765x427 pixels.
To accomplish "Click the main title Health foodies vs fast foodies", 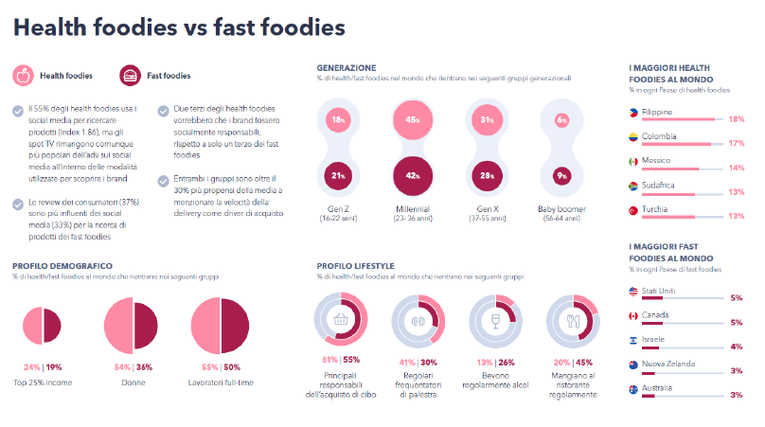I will [x=179, y=27].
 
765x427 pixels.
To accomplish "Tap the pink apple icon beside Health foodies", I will [x=23, y=76].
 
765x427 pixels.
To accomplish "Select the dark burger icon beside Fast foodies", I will [x=131, y=76].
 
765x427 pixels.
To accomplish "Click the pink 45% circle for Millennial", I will [x=413, y=120].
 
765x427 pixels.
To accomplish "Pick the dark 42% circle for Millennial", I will [x=413, y=175].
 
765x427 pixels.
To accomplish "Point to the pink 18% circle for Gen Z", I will [x=338, y=120].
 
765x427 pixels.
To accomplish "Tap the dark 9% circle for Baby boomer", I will [x=561, y=175].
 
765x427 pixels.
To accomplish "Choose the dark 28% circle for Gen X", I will [x=487, y=175].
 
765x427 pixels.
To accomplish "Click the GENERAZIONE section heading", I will [x=347, y=68].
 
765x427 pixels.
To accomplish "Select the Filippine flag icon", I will [x=633, y=112].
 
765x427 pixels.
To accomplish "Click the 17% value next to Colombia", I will [x=737, y=144].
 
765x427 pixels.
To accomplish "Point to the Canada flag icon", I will [x=633, y=314].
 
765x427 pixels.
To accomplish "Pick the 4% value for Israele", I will [x=737, y=346].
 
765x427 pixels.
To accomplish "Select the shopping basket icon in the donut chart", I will [x=341, y=320].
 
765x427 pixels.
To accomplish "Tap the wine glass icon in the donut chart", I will [x=490, y=320].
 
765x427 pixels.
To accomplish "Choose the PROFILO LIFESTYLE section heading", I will [x=355, y=266].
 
